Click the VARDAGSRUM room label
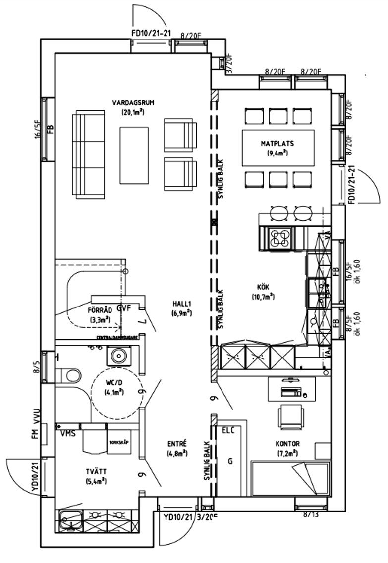[x=133, y=103]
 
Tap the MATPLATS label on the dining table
[x=277, y=144]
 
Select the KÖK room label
[x=263, y=287]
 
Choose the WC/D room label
[x=113, y=383]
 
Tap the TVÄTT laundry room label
[x=96, y=471]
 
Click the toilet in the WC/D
[x=68, y=374]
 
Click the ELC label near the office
[x=227, y=430]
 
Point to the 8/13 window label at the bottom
[x=311, y=515]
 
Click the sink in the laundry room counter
[x=69, y=519]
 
